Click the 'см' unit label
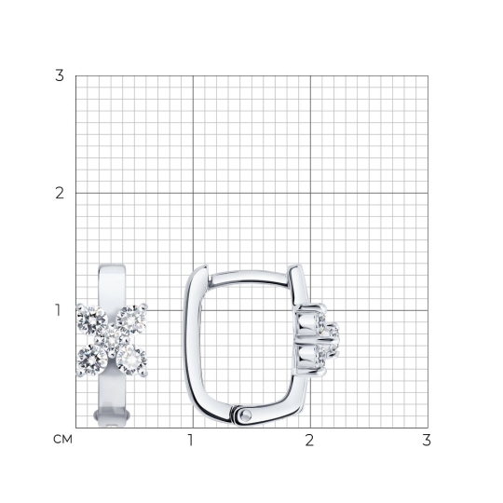point(62,440)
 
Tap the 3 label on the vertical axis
point(60,75)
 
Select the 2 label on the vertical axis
point(60,193)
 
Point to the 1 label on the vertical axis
point(58,310)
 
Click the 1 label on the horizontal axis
point(191,440)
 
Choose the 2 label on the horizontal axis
point(309,440)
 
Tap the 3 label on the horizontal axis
point(427,440)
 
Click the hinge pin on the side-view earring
point(246,415)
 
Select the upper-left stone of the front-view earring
point(92,320)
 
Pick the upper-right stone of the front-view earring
point(131,320)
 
